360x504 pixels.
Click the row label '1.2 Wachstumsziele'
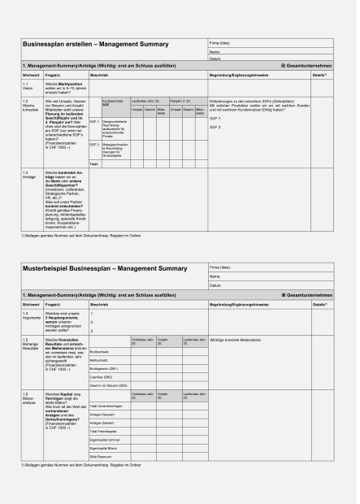(30, 105)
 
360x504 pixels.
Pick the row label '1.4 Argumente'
(31, 315)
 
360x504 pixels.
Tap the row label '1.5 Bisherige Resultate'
(31, 346)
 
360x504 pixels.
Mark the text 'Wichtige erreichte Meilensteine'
(235, 341)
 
